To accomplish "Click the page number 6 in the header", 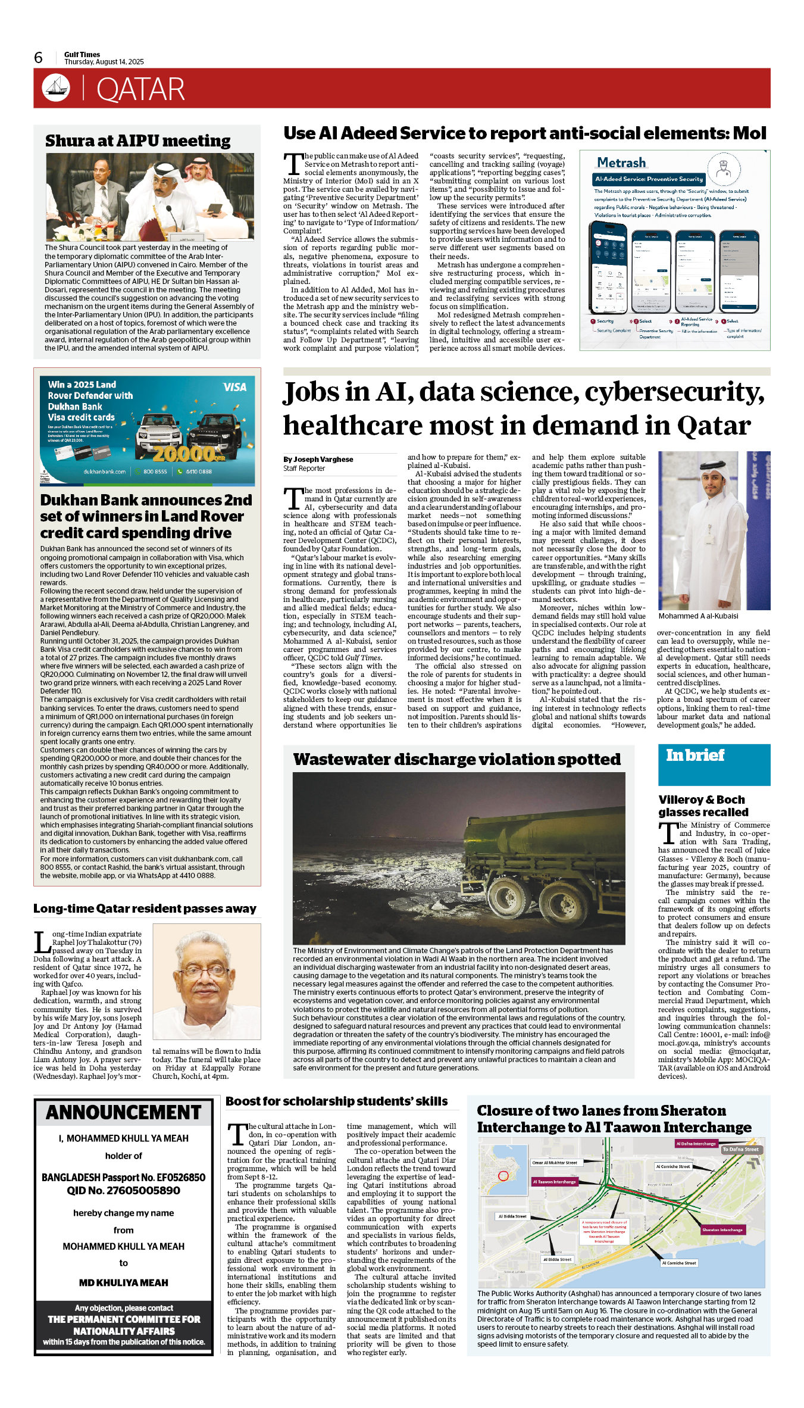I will [39, 58].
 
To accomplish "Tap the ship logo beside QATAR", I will [56, 88].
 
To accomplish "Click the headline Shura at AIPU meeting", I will [137, 141].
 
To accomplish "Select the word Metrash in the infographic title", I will [621, 163].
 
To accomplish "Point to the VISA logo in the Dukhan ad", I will [234, 387].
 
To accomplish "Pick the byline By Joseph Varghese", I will [318, 459].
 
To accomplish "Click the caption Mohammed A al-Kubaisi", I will [698, 616].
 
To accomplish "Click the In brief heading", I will [695, 755].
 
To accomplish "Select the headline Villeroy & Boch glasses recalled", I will [703, 806].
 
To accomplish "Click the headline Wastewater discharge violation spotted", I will [456, 759].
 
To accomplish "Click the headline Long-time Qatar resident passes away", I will [145, 909].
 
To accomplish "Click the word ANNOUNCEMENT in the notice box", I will [124, 1113].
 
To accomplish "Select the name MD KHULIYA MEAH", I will [124, 1282].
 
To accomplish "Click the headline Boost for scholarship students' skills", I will [336, 1101].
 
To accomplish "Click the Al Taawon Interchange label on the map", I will [554, 1182].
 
